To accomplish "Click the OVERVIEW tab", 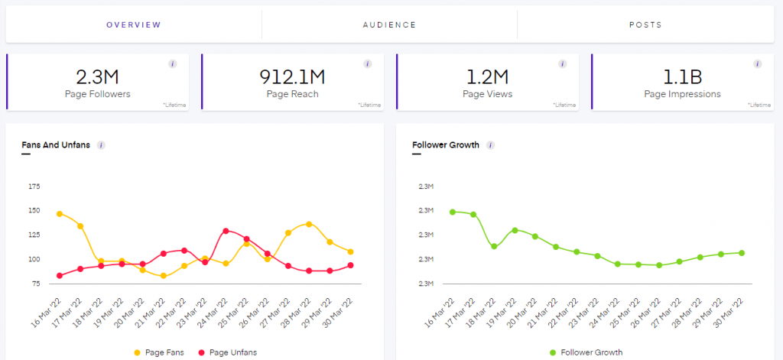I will tap(134, 24).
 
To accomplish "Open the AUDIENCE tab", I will tap(389, 24).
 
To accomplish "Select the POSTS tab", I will tap(645, 24).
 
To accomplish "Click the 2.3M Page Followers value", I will tap(98, 76).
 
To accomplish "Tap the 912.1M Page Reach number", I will tap(292, 76).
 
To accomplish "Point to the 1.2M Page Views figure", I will tap(487, 76).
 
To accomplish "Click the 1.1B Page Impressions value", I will tap(682, 76).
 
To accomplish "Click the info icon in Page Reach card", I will tap(367, 64).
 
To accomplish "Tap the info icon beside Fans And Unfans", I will tap(101, 145).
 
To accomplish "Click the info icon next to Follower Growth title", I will tap(491, 145).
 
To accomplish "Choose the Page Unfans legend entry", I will tap(229, 352).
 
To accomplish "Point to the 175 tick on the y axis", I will tap(34, 186).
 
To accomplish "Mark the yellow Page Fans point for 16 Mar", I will tap(59, 214).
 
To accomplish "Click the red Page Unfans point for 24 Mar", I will tap(226, 231).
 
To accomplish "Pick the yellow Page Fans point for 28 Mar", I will tap(309, 224).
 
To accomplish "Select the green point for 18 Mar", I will tap(494, 246).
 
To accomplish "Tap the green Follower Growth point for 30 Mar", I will tap(742, 253).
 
